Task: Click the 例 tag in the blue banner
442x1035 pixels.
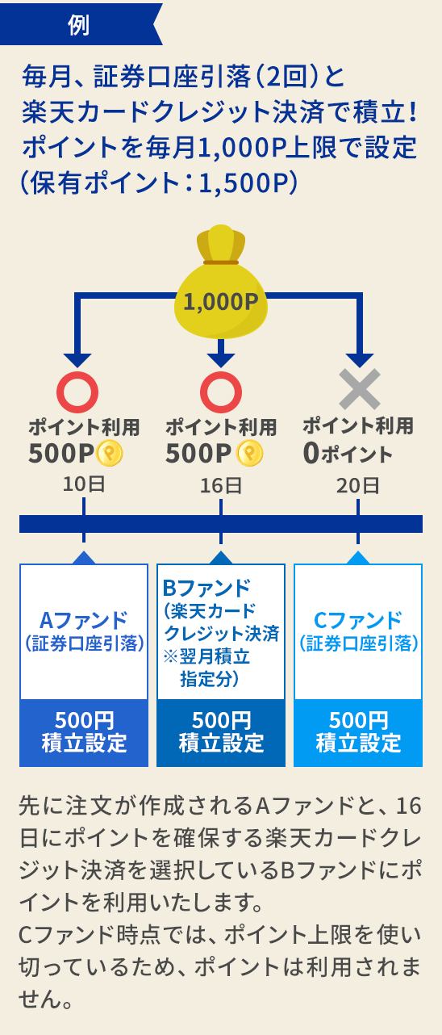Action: pos(78,25)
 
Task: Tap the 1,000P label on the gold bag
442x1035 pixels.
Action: pos(220,302)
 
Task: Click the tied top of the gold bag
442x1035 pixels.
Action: pos(220,242)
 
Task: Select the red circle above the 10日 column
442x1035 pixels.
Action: pos(77,392)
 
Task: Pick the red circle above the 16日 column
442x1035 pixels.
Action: pos(221,392)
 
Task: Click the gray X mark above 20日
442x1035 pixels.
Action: pos(360,389)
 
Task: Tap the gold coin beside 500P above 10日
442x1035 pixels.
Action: pos(110,453)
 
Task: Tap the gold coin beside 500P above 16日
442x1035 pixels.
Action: pos(249,453)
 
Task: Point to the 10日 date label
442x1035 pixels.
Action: pos(84,484)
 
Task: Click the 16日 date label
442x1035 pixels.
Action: pos(221,486)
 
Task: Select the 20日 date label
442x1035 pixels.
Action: pos(358,486)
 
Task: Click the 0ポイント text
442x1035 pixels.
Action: pos(348,453)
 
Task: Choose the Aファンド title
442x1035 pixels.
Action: pos(84,620)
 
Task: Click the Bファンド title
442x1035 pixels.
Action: pos(206,588)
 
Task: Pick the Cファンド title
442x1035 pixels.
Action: pos(358,620)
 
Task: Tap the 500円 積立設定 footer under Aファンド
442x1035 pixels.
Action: pos(84,733)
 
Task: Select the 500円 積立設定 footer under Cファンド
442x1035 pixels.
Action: pos(358,733)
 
